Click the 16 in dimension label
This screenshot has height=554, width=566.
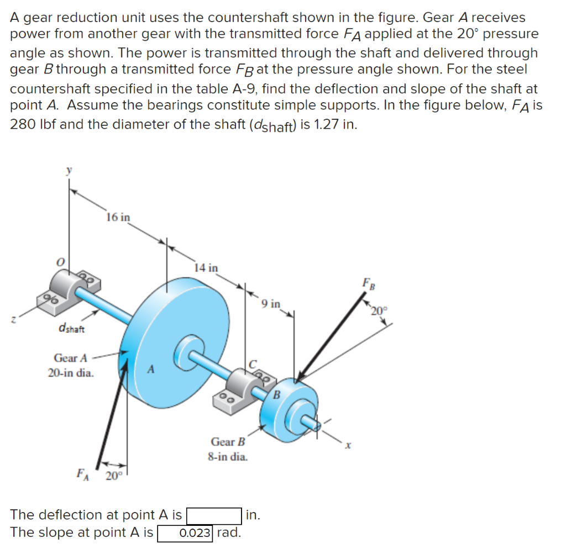(x=118, y=217)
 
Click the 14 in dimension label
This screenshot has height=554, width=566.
(x=206, y=268)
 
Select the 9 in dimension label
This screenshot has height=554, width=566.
(x=271, y=303)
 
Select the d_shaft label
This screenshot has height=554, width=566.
(x=71, y=330)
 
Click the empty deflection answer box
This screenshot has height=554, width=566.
(x=214, y=515)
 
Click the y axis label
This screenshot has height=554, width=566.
(x=69, y=172)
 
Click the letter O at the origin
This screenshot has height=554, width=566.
(x=62, y=260)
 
